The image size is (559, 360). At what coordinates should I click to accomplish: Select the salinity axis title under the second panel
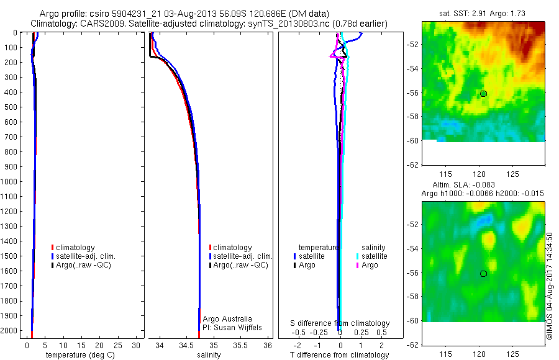point(209,355)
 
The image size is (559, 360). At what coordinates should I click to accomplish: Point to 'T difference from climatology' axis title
point(339,355)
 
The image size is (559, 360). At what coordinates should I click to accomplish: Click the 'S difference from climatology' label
point(340,323)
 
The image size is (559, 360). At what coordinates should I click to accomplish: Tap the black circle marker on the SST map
point(483,94)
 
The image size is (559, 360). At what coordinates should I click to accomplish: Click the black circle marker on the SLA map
point(483,274)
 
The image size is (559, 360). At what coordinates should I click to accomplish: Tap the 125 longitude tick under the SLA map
point(512,354)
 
